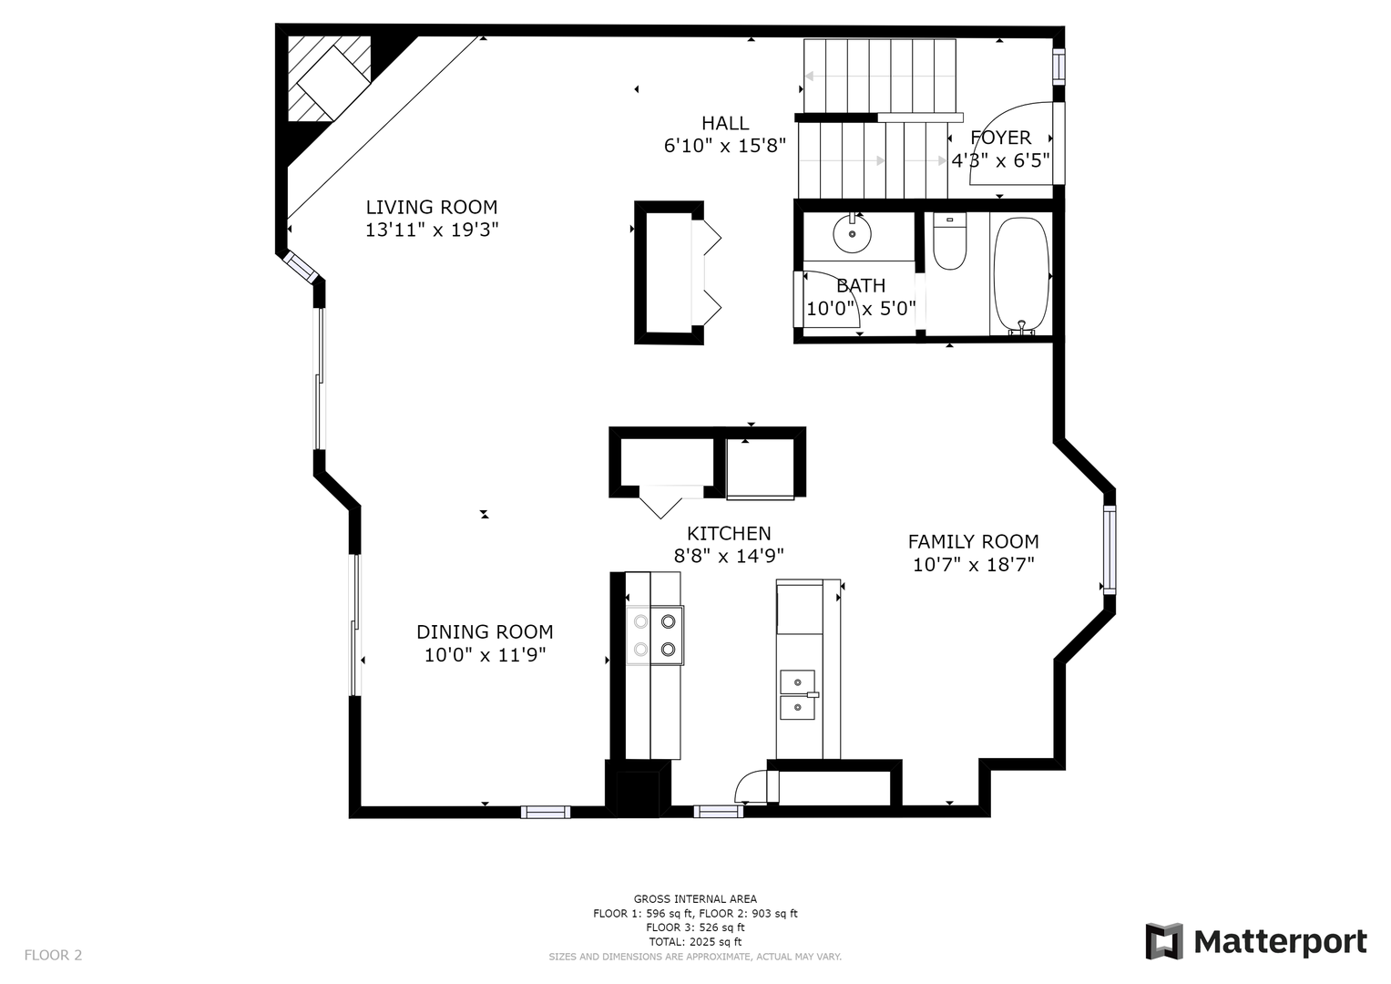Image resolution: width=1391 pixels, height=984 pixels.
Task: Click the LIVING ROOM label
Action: pyautogui.click(x=432, y=207)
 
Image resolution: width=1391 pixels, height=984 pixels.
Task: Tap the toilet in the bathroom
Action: pyautogui.click(x=949, y=241)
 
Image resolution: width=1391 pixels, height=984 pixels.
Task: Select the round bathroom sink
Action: pyautogui.click(x=852, y=233)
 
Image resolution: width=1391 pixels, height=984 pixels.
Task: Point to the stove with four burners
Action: pyautogui.click(x=655, y=636)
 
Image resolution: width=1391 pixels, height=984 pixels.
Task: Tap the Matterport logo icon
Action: pyautogui.click(x=1164, y=942)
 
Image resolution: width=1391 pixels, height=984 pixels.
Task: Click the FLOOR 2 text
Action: pyautogui.click(x=54, y=955)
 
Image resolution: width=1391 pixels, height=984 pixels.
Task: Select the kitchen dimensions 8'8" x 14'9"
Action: pyautogui.click(x=729, y=556)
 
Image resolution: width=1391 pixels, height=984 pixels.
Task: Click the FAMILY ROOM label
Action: pyautogui.click(x=973, y=542)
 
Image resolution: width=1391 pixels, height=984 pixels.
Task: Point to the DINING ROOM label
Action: pyautogui.click(x=485, y=631)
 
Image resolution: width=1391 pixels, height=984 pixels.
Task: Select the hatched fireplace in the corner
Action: pyautogui.click(x=330, y=78)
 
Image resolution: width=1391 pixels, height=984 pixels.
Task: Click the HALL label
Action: pyautogui.click(x=725, y=123)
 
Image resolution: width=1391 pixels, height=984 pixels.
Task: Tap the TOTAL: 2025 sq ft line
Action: pyautogui.click(x=695, y=942)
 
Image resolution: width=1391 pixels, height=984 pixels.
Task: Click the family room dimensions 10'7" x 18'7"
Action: pyautogui.click(x=973, y=565)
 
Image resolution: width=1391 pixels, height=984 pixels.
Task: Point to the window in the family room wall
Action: pyautogui.click(x=1110, y=549)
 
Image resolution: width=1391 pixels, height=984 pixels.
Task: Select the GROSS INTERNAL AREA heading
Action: pyautogui.click(x=695, y=899)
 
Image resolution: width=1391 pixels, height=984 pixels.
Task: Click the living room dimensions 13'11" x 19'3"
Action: pyautogui.click(x=432, y=230)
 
